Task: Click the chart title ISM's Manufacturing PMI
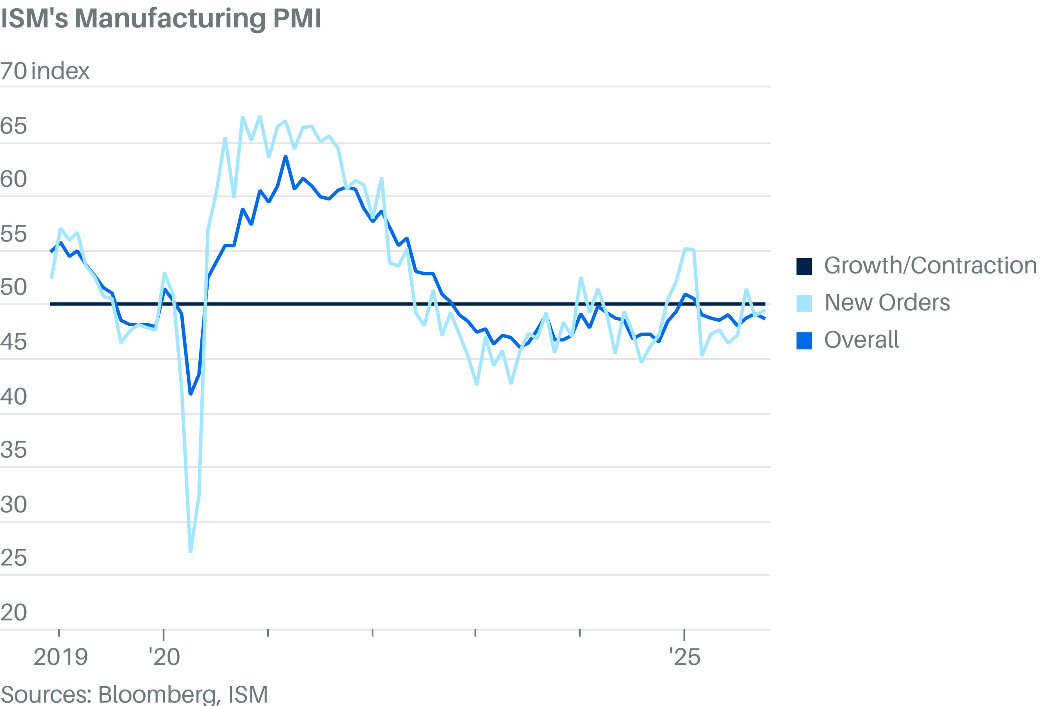[x=161, y=19]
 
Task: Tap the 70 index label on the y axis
[x=44, y=71]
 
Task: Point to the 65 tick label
[x=14, y=126]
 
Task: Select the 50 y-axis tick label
[x=14, y=287]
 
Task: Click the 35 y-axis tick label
[x=14, y=450]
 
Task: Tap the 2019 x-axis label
[x=60, y=657]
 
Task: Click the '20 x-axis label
[x=164, y=657]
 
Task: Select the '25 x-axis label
[x=684, y=657]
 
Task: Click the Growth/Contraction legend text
[x=930, y=266]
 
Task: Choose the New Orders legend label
[x=887, y=303]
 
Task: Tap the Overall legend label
[x=861, y=340]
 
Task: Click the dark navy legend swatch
[x=804, y=266]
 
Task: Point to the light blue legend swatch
[x=804, y=303]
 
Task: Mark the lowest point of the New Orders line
[x=190, y=552]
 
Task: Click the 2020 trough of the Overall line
[x=190, y=394]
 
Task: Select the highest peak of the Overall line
[x=286, y=157]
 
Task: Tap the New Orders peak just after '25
[x=685, y=249]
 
